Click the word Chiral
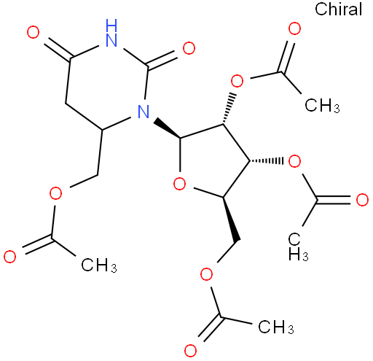[x=338, y=9]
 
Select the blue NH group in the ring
[x=111, y=33]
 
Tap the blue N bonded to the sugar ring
[x=144, y=112]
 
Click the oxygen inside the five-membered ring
[x=180, y=184]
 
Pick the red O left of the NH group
[x=33, y=33]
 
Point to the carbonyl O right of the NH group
[x=189, y=48]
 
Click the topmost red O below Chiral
[x=294, y=28]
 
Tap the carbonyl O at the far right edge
[x=362, y=200]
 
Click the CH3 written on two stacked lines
[x=298, y=247]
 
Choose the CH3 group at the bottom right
[x=276, y=327]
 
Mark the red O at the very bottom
[x=190, y=351]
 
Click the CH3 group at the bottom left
[x=99, y=265]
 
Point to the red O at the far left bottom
[x=10, y=256]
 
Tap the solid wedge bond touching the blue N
[x=168, y=128]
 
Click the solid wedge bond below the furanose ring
[x=230, y=219]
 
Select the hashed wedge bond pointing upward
[x=229, y=109]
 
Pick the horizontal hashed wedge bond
[x=267, y=160]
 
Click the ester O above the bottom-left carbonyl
[x=55, y=193]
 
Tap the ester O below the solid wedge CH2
[x=206, y=274]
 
